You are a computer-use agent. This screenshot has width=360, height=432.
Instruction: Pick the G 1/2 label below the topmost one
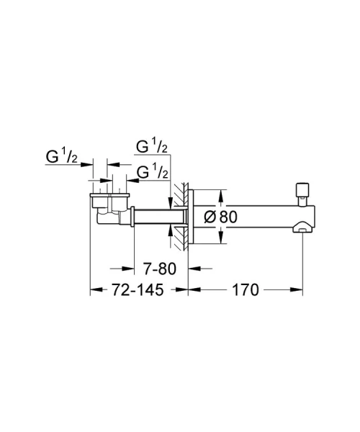pyautogui.click(x=152, y=172)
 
